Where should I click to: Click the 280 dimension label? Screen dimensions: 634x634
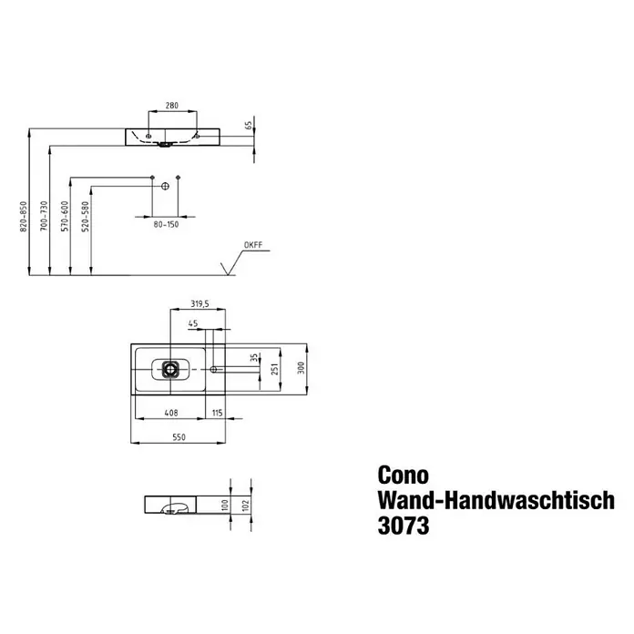point(172,106)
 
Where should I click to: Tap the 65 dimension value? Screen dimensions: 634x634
point(249,126)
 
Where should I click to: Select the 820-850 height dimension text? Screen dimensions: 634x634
point(23,216)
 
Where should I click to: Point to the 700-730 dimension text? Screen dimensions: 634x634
point(44,216)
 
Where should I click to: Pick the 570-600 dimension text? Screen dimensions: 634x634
point(65,216)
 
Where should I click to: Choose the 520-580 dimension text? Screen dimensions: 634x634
point(86,216)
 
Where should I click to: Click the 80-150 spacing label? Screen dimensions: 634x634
point(166,224)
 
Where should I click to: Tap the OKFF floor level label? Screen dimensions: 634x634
point(253,245)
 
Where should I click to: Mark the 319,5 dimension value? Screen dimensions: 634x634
point(199,303)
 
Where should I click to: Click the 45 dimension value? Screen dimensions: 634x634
point(193,323)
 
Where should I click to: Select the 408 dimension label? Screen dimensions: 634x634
point(171,413)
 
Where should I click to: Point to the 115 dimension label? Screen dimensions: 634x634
point(217,413)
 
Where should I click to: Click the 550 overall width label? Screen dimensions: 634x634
point(179,437)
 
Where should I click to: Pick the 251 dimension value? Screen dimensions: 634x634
point(275,369)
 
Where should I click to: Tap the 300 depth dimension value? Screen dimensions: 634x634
point(302,368)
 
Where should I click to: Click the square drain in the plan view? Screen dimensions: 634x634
point(170,369)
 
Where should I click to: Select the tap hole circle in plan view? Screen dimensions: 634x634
point(213,369)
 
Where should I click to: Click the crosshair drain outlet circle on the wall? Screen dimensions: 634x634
point(165,186)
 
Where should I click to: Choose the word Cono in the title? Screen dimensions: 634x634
point(404,475)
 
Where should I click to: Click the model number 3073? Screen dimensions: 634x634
point(404,526)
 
